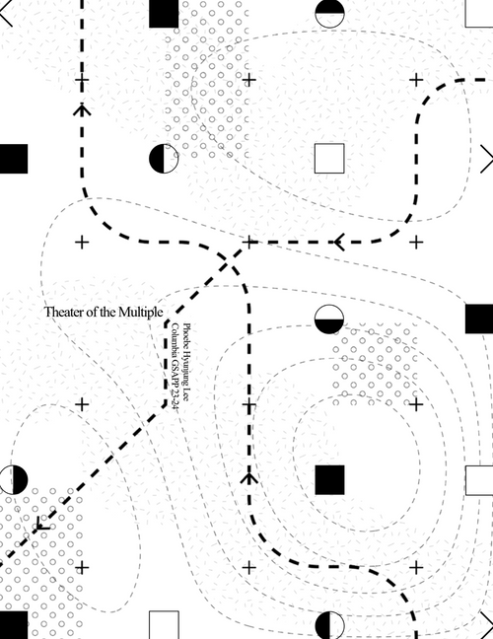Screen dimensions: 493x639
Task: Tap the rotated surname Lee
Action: point(186,395)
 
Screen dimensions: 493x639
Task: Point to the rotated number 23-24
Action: point(175,399)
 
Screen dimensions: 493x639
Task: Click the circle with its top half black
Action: point(329,14)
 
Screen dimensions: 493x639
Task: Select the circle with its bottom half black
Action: point(329,319)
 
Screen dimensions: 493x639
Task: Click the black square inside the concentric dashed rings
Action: point(329,480)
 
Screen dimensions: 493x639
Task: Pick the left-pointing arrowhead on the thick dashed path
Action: point(339,242)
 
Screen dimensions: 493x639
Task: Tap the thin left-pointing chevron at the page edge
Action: point(6,13)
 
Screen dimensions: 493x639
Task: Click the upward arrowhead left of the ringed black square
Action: point(248,477)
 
